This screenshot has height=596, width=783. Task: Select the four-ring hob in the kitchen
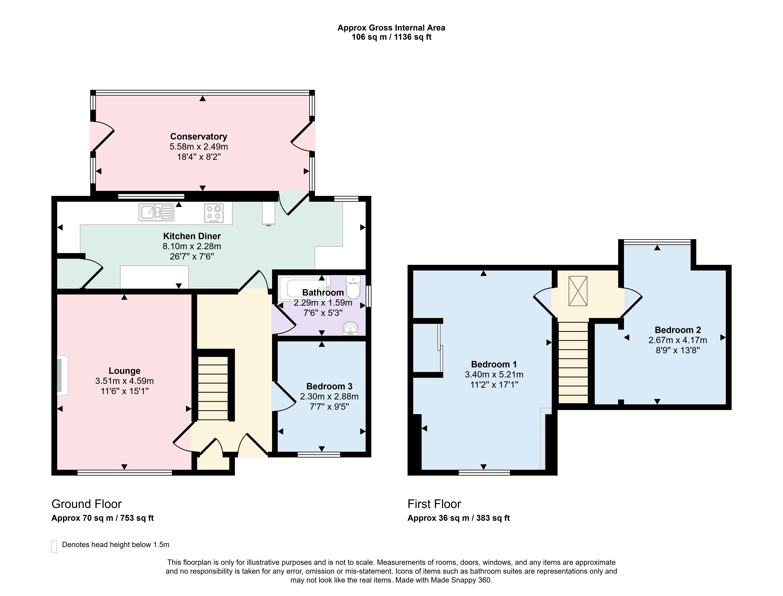[214, 213]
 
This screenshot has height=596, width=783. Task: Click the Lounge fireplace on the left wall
[62, 375]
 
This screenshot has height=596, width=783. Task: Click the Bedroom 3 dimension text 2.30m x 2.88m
[329, 397]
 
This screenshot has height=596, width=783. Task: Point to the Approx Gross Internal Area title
[391, 28]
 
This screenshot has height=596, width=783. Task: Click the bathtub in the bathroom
[304, 288]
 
